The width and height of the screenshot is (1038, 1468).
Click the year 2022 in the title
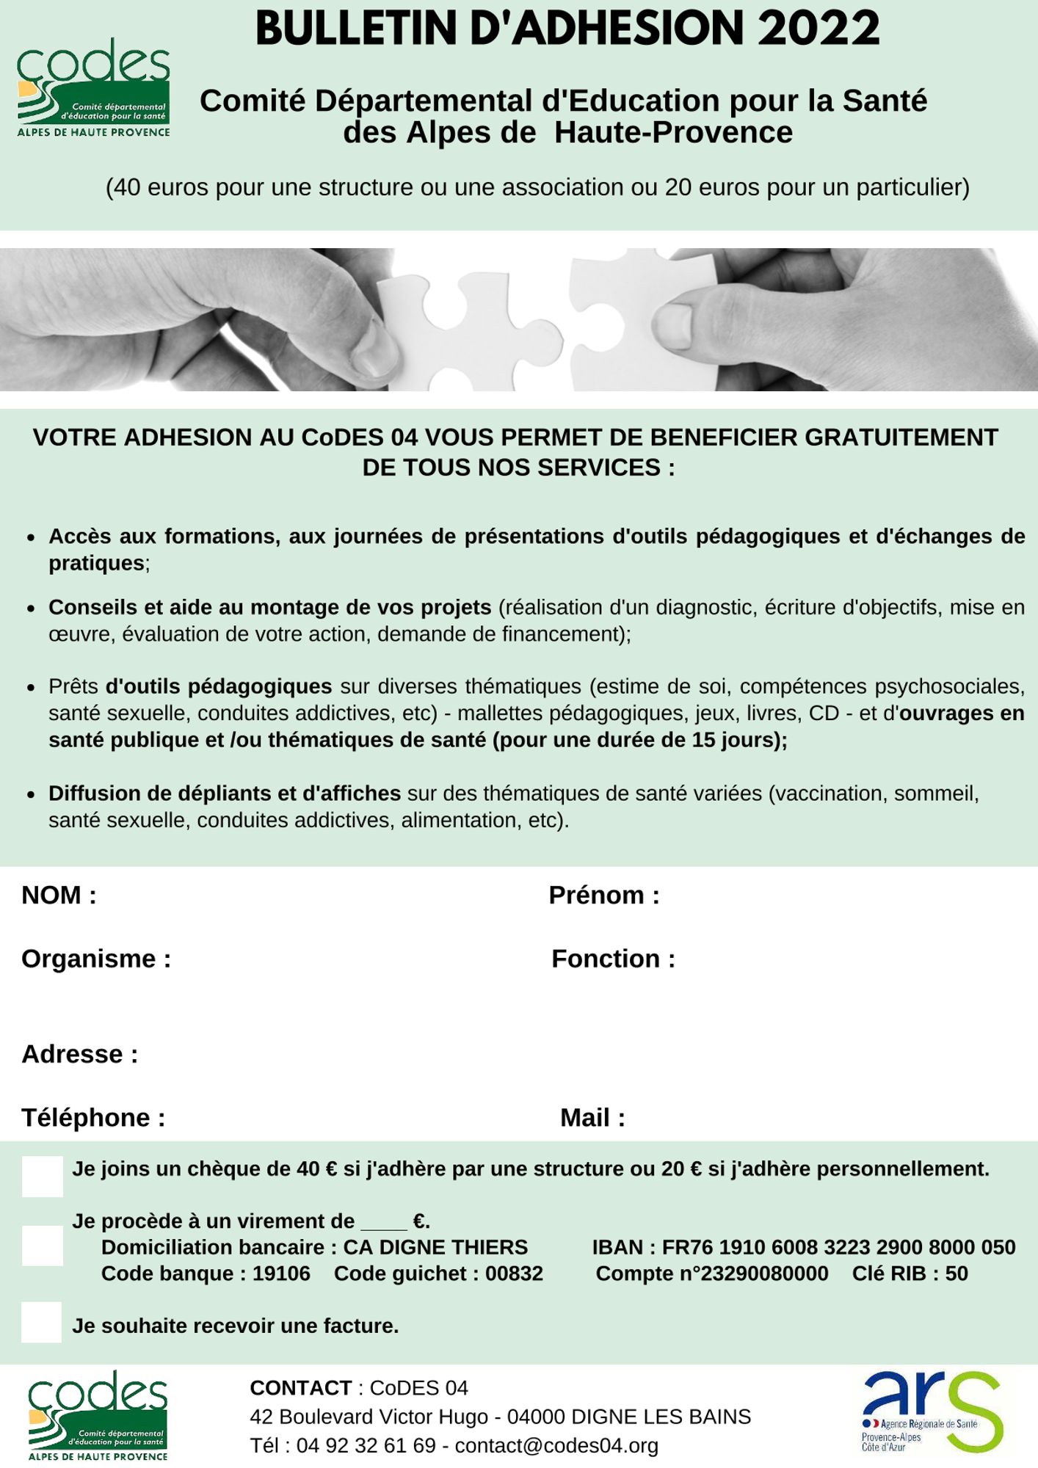[819, 29]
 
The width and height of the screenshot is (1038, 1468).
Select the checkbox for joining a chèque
[43, 1177]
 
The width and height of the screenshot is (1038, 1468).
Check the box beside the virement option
[43, 1246]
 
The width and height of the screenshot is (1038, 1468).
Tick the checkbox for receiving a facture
[42, 1322]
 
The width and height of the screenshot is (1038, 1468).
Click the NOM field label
[59, 895]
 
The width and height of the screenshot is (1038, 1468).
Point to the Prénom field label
[603, 895]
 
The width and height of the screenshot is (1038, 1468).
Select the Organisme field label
[96, 959]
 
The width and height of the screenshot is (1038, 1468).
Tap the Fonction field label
[613, 959]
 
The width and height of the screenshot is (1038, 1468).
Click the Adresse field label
[80, 1054]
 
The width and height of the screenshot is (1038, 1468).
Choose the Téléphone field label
[93, 1118]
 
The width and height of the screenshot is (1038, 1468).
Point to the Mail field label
[592, 1118]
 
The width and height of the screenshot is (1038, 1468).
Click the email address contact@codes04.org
[556, 1445]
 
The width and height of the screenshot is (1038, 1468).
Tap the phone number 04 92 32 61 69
[366, 1445]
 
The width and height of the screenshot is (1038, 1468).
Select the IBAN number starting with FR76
[838, 1247]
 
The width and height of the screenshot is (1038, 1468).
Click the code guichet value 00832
[514, 1273]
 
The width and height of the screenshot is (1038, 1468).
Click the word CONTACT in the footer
[301, 1388]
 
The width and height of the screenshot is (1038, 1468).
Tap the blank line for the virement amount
[384, 1223]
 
